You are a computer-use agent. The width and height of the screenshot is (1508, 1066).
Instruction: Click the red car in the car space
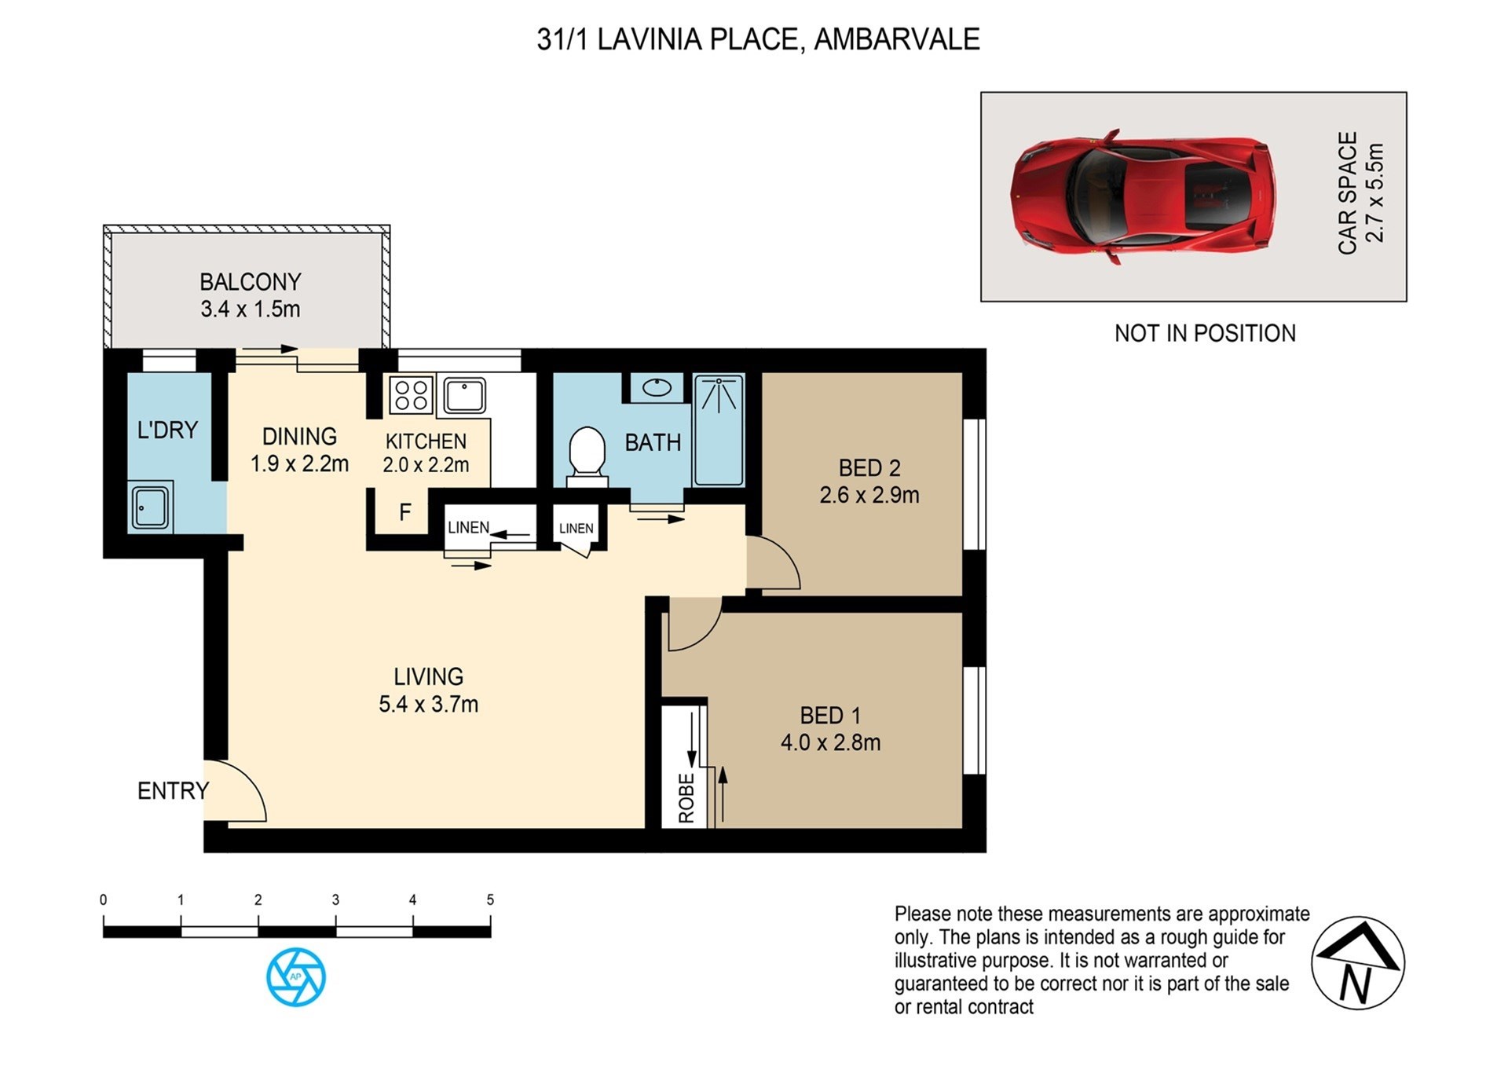1143,196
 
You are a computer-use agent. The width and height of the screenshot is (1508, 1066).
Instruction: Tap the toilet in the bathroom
587,456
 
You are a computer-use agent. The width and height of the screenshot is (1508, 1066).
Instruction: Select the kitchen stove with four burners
412,395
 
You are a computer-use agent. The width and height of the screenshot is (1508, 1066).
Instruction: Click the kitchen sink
465,395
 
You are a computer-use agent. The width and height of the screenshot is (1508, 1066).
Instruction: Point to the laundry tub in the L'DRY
150,507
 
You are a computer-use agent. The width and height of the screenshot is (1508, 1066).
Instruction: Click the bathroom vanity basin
657,387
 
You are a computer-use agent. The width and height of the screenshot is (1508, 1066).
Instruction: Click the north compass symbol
1358,963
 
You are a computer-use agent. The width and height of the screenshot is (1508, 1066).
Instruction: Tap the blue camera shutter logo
296,976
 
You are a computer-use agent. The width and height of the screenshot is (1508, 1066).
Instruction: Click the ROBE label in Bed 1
686,798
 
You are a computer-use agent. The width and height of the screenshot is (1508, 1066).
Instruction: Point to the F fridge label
405,513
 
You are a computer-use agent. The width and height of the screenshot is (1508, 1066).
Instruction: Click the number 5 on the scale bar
490,900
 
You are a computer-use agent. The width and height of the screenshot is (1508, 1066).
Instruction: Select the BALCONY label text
251,282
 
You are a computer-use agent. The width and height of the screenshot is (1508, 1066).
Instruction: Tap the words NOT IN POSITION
1205,333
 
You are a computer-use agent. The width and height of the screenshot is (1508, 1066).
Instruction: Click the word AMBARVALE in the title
897,39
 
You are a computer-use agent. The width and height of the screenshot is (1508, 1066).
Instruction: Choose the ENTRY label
174,791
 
